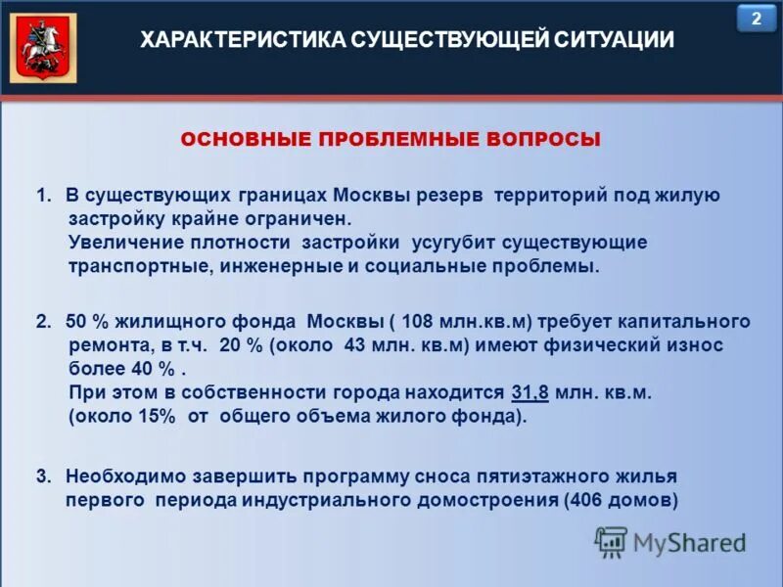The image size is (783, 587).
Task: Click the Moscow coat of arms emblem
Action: pos(42,48)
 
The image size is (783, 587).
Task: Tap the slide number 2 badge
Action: pos(755,19)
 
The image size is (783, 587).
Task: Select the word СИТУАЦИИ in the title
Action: pos(615,40)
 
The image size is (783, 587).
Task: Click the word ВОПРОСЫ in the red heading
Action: pos(542,140)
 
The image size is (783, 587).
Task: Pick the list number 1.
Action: pos(42,196)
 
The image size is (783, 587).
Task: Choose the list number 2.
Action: pos(42,322)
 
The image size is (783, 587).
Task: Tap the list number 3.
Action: pos(42,476)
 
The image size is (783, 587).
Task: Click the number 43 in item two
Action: pos(359,345)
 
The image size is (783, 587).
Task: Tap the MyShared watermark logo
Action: pos(669,541)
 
